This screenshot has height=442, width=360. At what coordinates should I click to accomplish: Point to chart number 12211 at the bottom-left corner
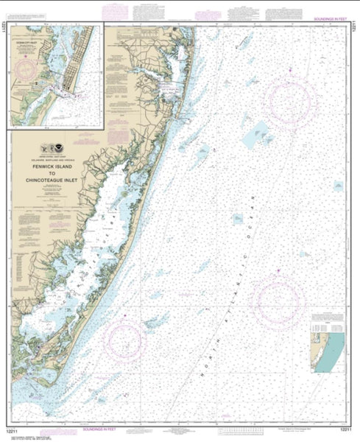click(x=12, y=429)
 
